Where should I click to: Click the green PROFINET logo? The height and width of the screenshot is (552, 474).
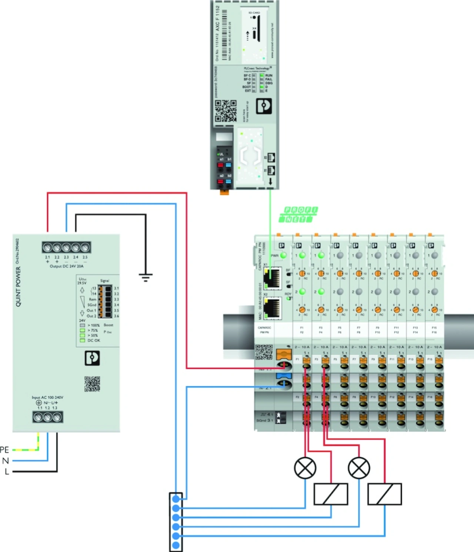point(300,215)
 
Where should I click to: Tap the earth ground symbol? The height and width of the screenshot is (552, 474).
point(146,277)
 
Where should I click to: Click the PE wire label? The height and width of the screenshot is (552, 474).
point(4,450)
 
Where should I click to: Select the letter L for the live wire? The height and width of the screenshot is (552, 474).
point(6,472)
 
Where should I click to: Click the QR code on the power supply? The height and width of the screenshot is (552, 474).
point(92,384)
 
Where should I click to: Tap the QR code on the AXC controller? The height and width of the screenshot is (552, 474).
point(226,111)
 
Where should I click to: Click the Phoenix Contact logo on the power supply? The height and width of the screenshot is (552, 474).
point(92,358)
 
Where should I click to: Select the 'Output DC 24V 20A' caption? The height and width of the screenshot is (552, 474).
point(67,266)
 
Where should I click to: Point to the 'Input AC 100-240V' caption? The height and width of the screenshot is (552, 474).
point(47,398)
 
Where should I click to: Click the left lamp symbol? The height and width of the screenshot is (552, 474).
point(305,468)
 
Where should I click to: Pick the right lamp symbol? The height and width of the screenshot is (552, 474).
point(359,468)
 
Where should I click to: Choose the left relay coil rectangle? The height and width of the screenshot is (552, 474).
point(331,494)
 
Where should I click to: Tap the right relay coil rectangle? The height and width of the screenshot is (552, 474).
point(384,494)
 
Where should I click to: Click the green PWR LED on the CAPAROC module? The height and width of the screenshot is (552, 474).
point(284,255)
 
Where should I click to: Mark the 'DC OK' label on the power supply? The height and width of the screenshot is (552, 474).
point(94,340)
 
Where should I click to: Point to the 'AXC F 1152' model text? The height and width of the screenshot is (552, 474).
point(218,18)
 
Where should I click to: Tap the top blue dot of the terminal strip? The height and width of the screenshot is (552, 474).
point(176,499)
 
